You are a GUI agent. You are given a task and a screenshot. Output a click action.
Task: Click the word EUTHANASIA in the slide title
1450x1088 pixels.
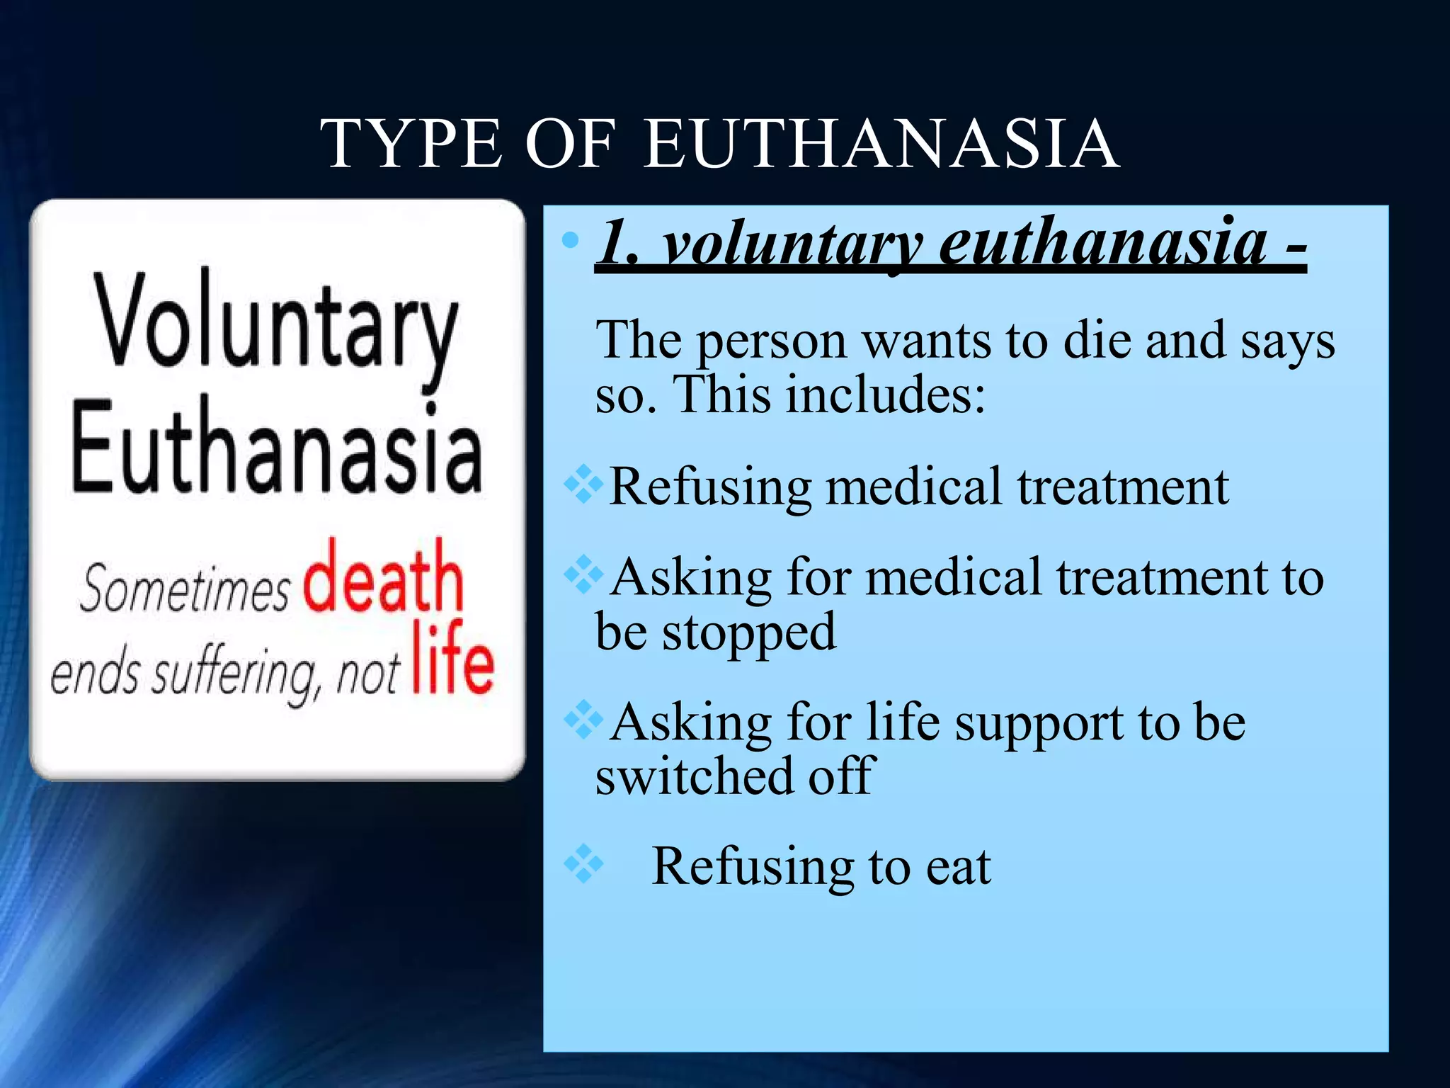(881, 144)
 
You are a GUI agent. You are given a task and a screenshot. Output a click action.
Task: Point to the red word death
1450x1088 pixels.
(383, 577)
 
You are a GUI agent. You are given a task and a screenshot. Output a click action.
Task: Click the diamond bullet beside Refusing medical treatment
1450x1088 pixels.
(583, 484)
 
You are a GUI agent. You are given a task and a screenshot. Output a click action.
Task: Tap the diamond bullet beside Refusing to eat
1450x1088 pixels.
(583, 863)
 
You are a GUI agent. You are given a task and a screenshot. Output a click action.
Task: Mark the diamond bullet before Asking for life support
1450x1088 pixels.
(583, 720)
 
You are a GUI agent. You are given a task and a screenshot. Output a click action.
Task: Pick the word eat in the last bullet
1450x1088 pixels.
(959, 867)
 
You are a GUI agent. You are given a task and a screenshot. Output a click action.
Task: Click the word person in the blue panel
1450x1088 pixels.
(772, 342)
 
